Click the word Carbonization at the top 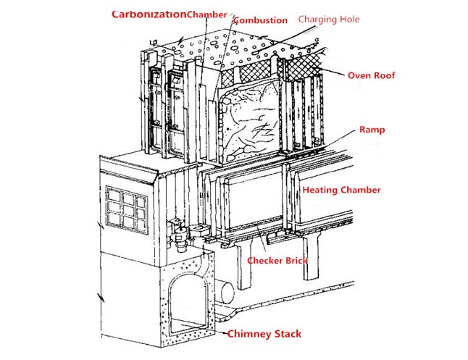point(148,14)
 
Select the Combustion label point(262,20)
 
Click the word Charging point(317,20)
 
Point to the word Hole point(348,20)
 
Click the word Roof point(384,75)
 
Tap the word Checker point(265,260)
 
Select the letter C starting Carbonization point(117,14)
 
